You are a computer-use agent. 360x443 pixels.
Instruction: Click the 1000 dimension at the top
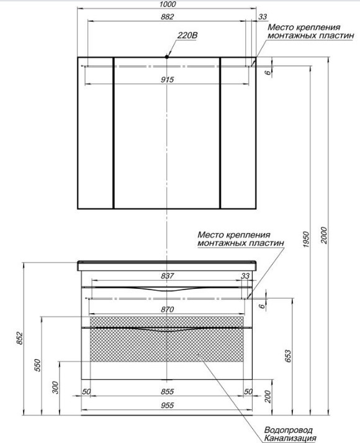click(168, 4)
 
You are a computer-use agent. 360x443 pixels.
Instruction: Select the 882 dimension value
click(168, 17)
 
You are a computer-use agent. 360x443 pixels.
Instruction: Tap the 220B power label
click(187, 35)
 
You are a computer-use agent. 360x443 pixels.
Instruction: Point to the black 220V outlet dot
click(167, 57)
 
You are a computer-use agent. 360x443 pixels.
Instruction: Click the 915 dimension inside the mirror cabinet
click(168, 80)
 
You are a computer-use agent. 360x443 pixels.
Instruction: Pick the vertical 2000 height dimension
click(324, 235)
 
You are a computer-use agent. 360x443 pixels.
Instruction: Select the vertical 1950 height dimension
click(307, 240)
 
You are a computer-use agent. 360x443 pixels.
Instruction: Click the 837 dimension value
click(168, 276)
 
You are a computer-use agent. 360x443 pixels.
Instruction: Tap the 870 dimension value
click(168, 309)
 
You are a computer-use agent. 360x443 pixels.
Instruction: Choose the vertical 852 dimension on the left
click(19, 338)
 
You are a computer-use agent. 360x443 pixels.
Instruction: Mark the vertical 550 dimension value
click(37, 365)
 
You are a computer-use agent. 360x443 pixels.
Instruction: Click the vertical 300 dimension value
click(56, 388)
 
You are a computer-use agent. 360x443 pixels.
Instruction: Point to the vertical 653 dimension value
click(287, 356)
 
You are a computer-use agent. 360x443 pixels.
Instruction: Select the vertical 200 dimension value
click(268, 396)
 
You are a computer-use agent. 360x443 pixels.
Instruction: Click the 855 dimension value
click(168, 391)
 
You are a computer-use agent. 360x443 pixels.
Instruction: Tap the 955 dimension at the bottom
click(168, 406)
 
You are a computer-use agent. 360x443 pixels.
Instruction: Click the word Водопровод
click(289, 431)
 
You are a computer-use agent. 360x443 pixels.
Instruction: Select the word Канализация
click(290, 439)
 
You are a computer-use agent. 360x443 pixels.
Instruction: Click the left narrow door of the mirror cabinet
click(96, 133)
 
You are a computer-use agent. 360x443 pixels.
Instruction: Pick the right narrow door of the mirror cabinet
click(238, 133)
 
